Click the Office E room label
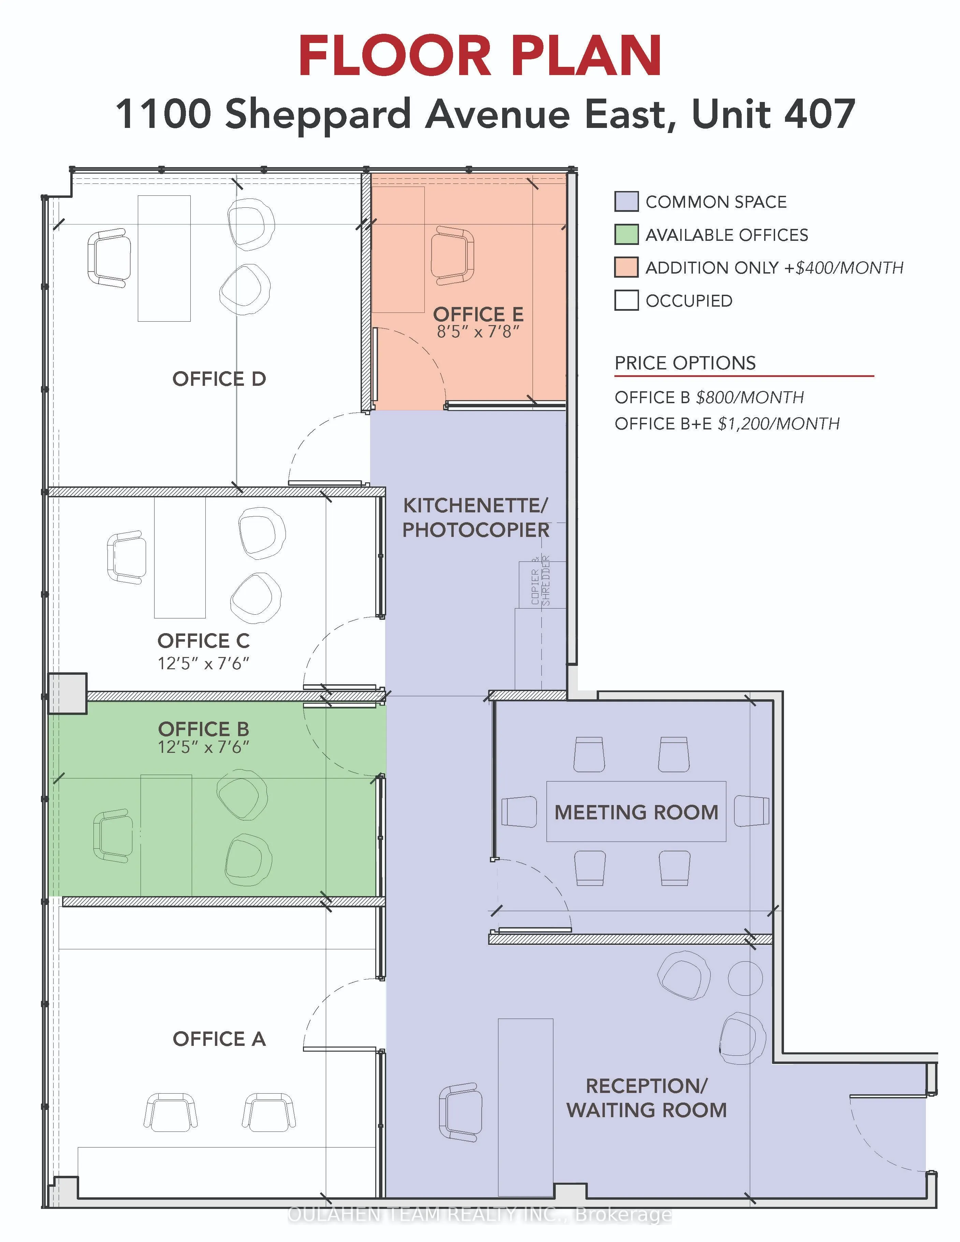coord(478,314)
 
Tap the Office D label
coord(219,379)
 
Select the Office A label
coord(219,1039)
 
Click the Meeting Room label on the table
coord(636,812)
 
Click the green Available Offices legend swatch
coord(626,235)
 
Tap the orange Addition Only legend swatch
coord(626,268)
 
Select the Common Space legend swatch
coord(626,202)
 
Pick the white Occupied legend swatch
coord(626,300)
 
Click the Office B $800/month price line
coord(709,397)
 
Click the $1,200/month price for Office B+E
coord(779,424)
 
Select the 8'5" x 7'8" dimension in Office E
coord(478,332)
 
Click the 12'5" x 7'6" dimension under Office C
coord(204,663)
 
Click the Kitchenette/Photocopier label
coord(476,517)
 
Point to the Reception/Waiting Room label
coord(646,1098)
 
